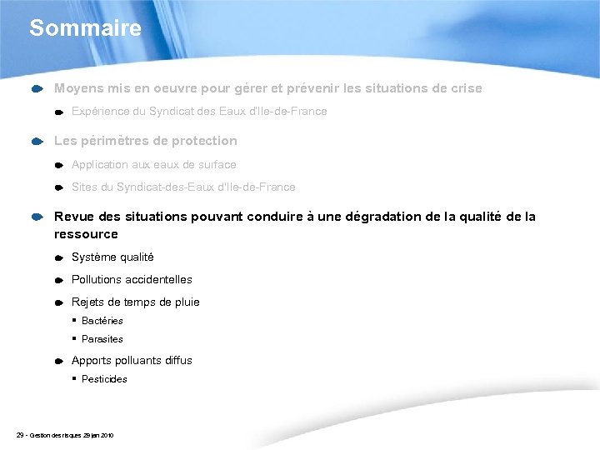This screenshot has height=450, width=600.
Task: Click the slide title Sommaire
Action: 85,28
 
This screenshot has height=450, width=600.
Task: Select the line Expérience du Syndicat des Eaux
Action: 198,112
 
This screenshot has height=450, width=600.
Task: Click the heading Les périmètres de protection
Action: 145,141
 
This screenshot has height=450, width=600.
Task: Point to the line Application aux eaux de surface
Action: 153,165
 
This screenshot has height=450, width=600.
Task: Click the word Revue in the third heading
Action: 72,217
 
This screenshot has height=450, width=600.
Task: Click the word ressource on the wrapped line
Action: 86,234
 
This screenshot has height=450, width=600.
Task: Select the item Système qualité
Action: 112,257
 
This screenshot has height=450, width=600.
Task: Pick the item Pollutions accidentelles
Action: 132,280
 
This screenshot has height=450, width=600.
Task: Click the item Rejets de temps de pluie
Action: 135,302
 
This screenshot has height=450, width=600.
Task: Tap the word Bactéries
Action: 102,321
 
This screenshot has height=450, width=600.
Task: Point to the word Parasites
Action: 102,339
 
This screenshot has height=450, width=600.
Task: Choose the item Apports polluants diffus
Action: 132,361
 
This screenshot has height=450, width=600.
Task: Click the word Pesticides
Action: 104,379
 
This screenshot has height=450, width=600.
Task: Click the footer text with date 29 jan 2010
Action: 65,436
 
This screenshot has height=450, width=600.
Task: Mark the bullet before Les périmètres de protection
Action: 37,142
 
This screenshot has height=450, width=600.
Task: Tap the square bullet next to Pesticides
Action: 73,379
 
